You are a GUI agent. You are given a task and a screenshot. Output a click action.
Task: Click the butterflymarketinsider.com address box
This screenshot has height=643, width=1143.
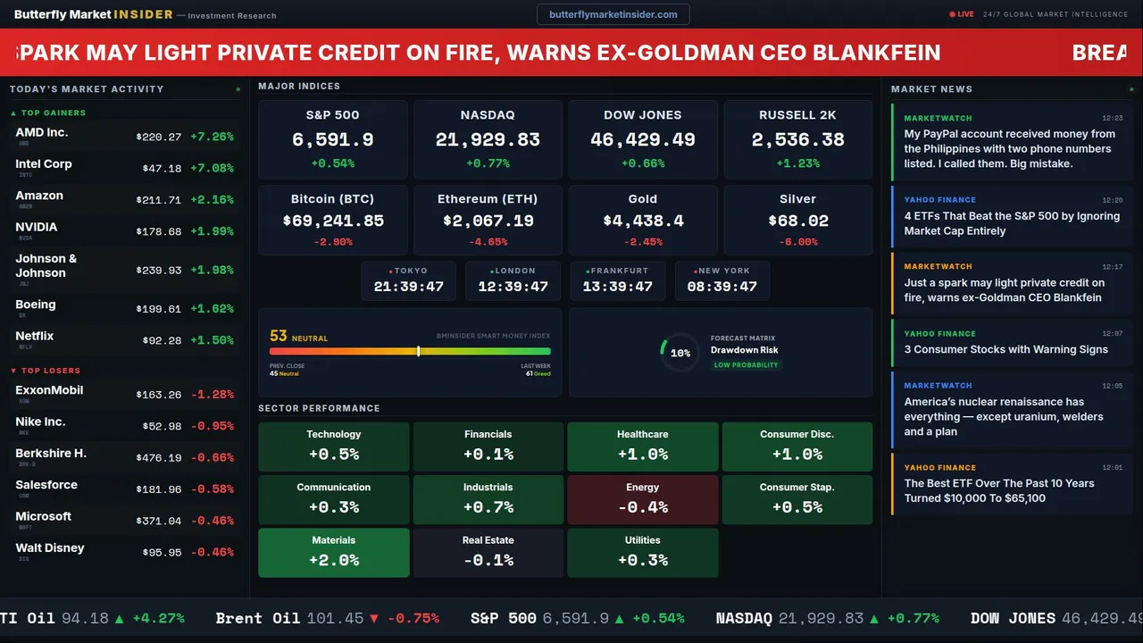pyautogui.click(x=613, y=14)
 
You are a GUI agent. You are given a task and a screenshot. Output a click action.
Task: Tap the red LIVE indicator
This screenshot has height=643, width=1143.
pyautogui.click(x=962, y=14)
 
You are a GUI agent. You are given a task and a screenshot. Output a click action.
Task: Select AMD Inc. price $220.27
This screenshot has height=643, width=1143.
pyautogui.click(x=159, y=138)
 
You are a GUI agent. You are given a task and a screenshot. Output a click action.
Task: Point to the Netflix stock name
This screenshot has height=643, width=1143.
pyautogui.click(x=35, y=336)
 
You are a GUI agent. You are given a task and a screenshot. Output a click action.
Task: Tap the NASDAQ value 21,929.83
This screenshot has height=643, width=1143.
pyautogui.click(x=488, y=140)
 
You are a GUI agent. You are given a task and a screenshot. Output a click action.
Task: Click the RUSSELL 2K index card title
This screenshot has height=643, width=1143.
pyautogui.click(x=797, y=115)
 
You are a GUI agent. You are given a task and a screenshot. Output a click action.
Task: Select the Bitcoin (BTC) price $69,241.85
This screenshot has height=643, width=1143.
pyautogui.click(x=333, y=221)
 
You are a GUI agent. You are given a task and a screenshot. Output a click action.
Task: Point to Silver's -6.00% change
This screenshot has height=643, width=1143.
pyautogui.click(x=797, y=242)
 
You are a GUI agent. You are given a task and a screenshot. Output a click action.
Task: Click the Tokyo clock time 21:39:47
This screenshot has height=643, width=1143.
pyautogui.click(x=408, y=287)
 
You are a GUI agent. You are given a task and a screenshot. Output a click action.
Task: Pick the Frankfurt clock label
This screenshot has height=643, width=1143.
pyautogui.click(x=618, y=271)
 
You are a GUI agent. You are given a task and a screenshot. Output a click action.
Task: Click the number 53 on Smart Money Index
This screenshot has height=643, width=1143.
pyautogui.click(x=278, y=337)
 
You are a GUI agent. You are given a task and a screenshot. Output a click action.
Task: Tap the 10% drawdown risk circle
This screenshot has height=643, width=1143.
pyautogui.click(x=680, y=353)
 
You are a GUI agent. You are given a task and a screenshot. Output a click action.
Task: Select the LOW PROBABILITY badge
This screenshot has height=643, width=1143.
pyautogui.click(x=746, y=365)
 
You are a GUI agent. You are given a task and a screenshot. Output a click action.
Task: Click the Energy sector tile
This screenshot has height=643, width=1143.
pyautogui.click(x=642, y=499)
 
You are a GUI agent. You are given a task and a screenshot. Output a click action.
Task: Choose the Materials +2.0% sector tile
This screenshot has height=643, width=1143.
pyautogui.click(x=334, y=553)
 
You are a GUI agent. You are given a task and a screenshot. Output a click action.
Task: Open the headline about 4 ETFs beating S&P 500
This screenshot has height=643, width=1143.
pyautogui.click(x=1012, y=223)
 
